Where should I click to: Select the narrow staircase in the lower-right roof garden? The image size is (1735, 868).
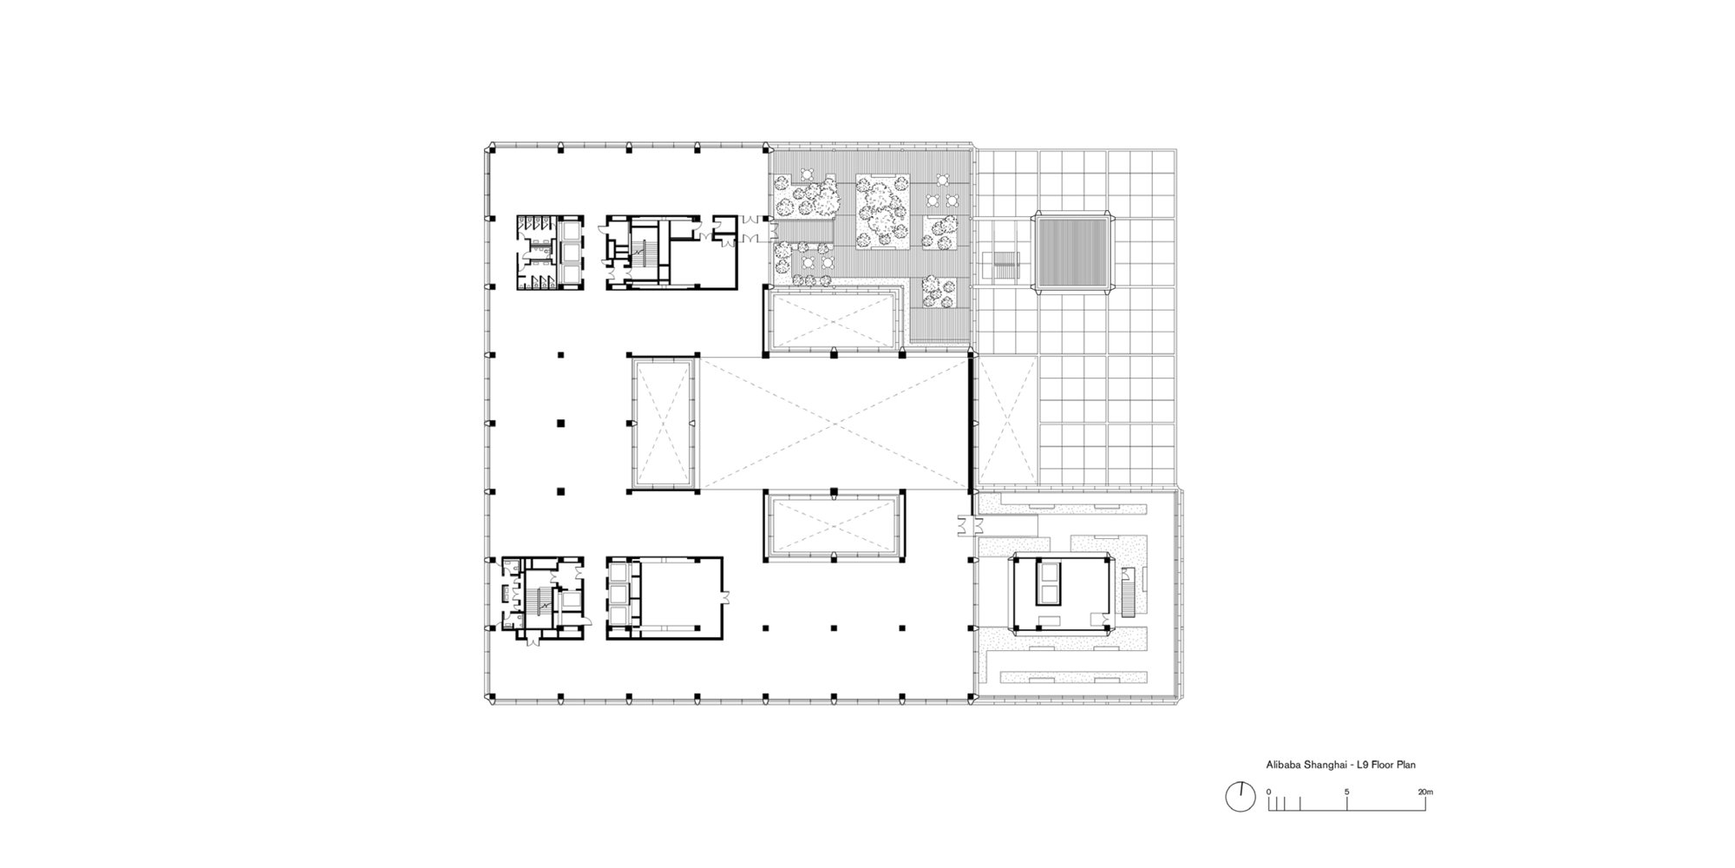click(x=1127, y=591)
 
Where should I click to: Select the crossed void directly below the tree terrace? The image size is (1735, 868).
click(x=833, y=322)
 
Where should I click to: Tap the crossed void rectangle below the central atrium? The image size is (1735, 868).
click(x=833, y=527)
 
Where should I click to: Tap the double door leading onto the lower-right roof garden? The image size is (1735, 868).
click(x=967, y=525)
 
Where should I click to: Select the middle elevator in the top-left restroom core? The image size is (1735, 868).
click(x=571, y=253)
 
